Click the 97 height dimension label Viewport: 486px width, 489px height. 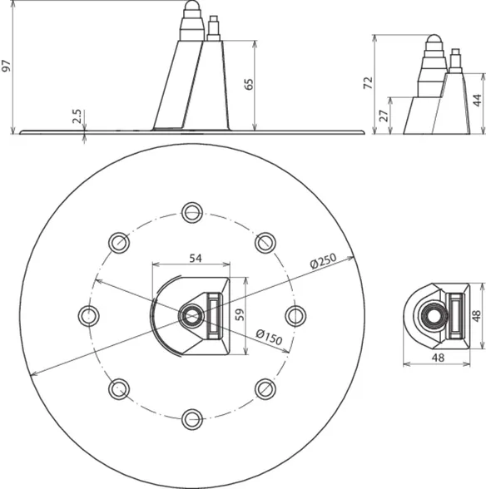tap(7, 66)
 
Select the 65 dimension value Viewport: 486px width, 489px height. tap(249, 85)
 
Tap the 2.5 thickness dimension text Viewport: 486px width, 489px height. tap(77, 116)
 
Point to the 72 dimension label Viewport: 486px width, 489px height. tap(369, 82)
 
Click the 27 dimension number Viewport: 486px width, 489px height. tap(385, 116)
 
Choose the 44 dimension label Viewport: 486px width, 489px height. tap(477, 101)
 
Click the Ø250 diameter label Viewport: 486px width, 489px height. tap(324, 261)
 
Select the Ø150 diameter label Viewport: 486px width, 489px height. tap(269, 337)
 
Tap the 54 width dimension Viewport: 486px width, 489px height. tap(196, 258)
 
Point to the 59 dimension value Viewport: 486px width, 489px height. tap(240, 315)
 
